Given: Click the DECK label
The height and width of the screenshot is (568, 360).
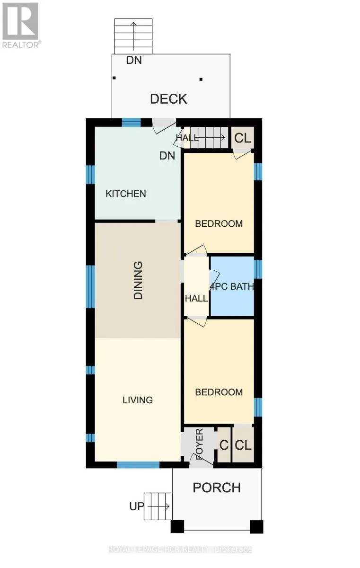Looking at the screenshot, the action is click(168, 99).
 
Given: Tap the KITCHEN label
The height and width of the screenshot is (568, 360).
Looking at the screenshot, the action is click(126, 194).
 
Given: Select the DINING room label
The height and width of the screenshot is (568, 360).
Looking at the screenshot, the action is click(138, 280).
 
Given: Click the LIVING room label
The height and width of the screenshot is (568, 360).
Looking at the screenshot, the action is click(138, 400).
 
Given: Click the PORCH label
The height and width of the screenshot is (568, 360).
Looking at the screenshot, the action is click(217, 488).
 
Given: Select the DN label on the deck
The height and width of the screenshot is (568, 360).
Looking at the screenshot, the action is click(134, 60).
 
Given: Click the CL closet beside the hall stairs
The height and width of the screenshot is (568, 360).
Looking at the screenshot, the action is click(243, 138).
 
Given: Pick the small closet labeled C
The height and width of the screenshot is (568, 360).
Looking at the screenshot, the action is click(224, 445).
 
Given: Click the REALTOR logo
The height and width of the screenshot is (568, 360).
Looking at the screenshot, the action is click(20, 25).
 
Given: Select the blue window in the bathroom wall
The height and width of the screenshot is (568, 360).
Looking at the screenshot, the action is click(258, 269).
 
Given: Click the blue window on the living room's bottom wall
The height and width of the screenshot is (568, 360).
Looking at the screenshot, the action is click(138, 464).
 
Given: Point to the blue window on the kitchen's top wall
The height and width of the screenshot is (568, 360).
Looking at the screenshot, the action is click(131, 123).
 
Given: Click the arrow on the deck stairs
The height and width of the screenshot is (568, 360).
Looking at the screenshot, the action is click(133, 36).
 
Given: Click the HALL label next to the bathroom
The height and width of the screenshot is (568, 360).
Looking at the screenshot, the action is click(197, 298).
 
